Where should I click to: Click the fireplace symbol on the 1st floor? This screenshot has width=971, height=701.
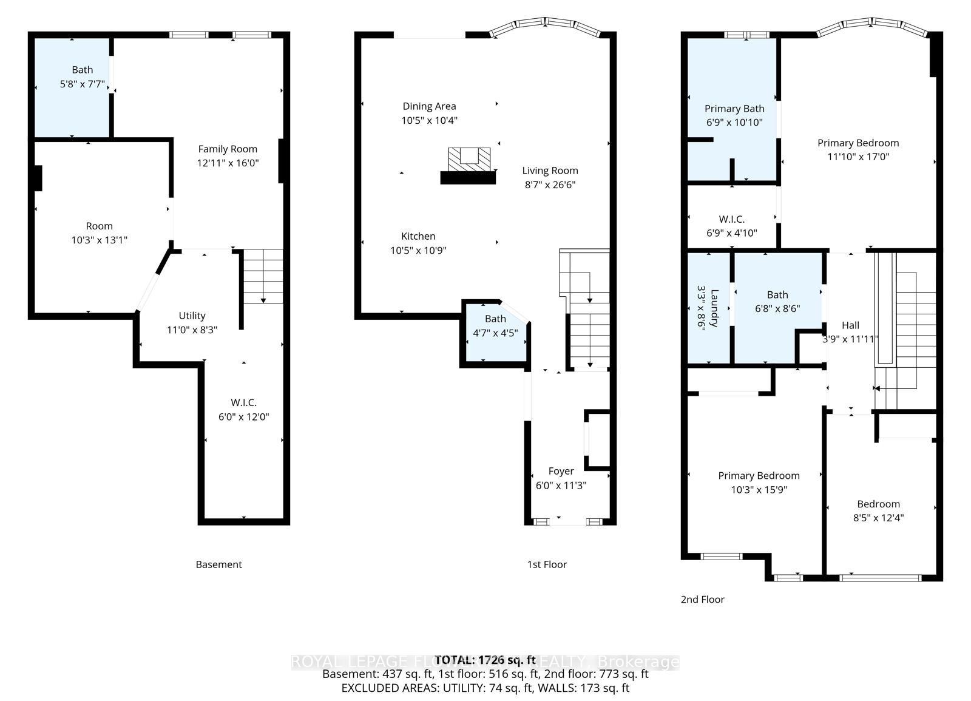(x=468, y=161)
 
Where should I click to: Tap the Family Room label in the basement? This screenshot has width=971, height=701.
(x=228, y=149)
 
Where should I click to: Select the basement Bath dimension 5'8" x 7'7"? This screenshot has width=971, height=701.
(x=83, y=84)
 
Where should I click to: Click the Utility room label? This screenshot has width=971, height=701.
(x=192, y=316)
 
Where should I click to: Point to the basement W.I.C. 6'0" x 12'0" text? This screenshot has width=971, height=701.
(x=243, y=417)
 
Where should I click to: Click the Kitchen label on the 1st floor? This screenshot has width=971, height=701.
(x=418, y=237)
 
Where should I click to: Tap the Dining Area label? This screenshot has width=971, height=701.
(x=429, y=107)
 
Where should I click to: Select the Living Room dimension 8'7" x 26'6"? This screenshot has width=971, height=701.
(x=550, y=185)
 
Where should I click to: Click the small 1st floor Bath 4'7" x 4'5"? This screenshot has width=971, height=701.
(x=495, y=333)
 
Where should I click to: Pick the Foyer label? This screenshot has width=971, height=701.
(x=561, y=472)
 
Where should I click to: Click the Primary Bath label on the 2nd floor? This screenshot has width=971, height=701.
(x=734, y=109)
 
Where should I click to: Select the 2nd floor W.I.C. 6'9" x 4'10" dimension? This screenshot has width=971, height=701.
(x=732, y=233)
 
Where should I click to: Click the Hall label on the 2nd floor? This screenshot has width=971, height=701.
(x=850, y=325)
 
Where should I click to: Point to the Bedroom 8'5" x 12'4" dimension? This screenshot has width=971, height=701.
(x=878, y=518)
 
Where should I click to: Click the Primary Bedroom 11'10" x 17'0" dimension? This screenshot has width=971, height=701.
(x=858, y=157)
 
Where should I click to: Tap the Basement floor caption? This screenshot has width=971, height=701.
(x=218, y=564)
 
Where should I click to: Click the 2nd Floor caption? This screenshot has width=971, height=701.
(x=702, y=600)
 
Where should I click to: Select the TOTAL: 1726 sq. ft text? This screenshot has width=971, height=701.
(x=486, y=660)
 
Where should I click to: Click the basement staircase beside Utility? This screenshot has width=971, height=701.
(x=262, y=277)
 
